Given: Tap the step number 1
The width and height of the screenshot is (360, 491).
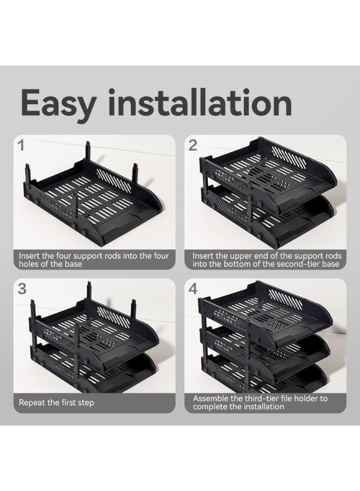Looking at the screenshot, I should tap(21, 146).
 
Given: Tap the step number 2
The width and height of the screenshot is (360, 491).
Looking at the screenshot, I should tap(193, 145).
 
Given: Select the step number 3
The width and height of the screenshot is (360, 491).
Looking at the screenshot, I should tap(22, 289).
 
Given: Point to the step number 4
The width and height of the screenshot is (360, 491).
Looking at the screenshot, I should tap(193, 289).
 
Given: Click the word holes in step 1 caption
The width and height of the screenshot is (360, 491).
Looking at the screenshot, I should tap(31, 264).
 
